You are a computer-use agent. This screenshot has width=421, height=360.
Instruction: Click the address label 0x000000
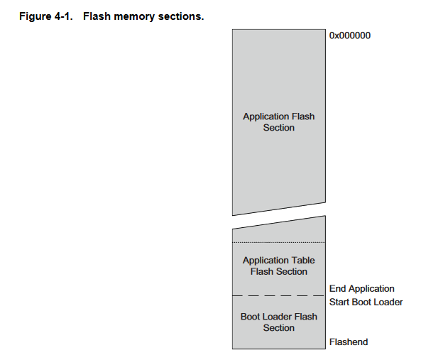350,36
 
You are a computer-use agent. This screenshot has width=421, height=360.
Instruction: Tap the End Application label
361,288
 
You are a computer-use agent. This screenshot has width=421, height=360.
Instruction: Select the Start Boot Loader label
366,302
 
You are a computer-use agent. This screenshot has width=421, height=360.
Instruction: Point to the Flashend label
349,342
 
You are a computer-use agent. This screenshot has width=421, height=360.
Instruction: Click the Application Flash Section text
279,122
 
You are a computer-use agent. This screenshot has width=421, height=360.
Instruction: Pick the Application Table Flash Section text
279,266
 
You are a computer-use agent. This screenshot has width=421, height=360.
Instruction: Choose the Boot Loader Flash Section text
279,322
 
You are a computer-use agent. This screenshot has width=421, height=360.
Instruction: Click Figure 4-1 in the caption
46,16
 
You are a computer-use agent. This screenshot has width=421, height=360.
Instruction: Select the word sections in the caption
181,16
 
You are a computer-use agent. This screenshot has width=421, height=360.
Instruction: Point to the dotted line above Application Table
279,242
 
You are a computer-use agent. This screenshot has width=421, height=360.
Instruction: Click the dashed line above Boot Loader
279,295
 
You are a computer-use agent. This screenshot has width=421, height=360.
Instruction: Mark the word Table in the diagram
302,261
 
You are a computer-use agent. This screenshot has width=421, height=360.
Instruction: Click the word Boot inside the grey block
250,317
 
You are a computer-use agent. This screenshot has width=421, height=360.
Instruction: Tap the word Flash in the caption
97,16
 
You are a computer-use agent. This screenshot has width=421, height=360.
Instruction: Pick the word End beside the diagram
337,288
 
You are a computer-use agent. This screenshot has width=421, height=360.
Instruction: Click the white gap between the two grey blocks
279,216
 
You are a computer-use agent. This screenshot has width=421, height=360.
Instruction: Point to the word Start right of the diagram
339,302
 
